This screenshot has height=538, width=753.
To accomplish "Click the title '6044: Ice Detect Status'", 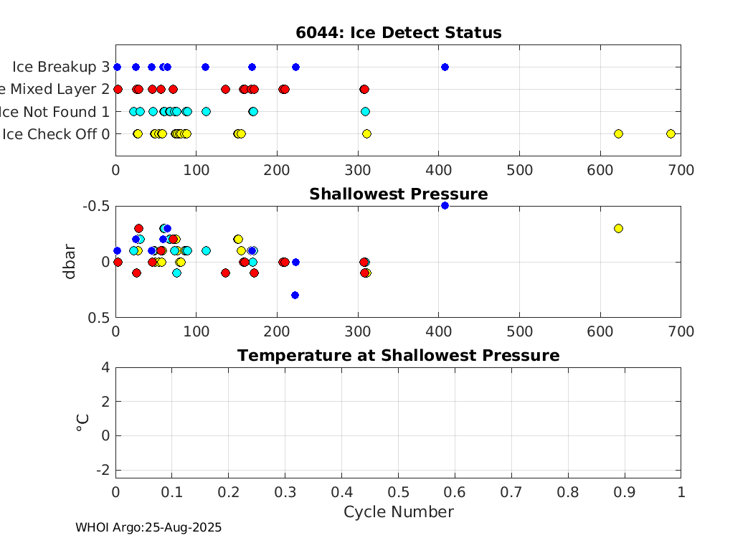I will point(398,33).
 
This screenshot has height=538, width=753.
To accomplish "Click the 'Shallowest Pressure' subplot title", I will point(398,194).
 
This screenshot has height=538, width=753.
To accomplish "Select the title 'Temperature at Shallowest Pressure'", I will point(398,356).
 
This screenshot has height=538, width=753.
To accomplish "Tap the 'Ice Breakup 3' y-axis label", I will point(61,67).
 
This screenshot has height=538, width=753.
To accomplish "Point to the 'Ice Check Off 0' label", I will point(56,133).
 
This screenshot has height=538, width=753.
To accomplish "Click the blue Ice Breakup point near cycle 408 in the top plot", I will point(445,67).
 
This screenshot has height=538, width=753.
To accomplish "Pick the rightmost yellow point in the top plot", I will point(671,133).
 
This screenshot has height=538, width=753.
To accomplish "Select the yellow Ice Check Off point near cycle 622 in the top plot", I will point(618,133).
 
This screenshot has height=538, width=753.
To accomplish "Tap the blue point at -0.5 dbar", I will point(445,206).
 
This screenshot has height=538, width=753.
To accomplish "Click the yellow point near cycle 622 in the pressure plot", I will point(618,228).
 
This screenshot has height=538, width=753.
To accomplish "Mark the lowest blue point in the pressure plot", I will point(295,295).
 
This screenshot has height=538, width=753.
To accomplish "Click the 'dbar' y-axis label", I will point(70,262).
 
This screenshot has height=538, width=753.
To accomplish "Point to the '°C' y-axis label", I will point(82,423).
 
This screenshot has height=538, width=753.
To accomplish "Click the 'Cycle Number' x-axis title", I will point(398,511).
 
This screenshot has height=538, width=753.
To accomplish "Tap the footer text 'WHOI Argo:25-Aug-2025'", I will point(148,527).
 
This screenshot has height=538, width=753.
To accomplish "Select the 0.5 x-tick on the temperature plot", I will point(398,492).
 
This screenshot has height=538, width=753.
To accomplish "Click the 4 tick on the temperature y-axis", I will point(105,367).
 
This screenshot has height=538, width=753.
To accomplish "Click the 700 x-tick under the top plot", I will point(680,170).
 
